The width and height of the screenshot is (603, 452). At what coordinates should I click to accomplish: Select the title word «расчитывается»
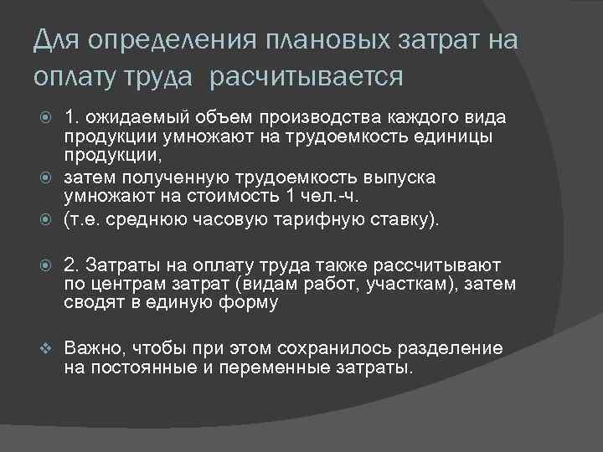[x=307, y=77]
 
